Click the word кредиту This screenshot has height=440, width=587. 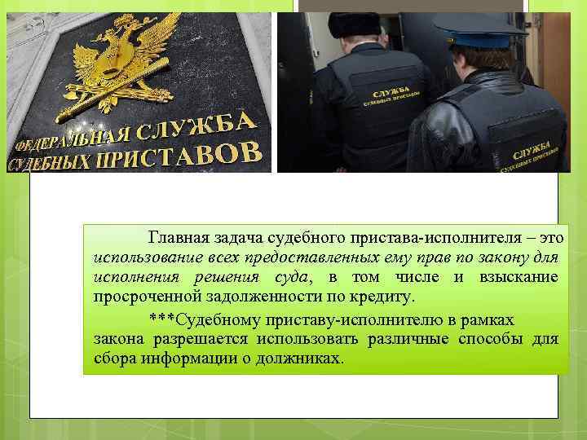click(384, 296)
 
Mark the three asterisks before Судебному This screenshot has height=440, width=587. click(161, 317)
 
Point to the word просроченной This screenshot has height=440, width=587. click(139, 296)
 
